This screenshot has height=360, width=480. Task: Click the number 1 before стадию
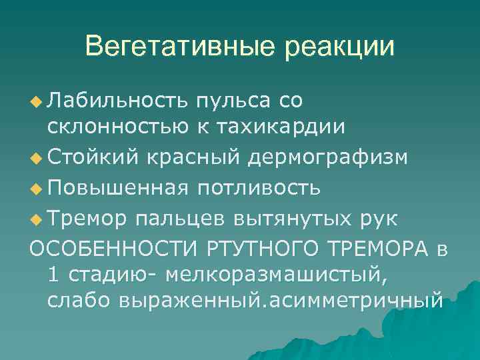pos(53,273)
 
